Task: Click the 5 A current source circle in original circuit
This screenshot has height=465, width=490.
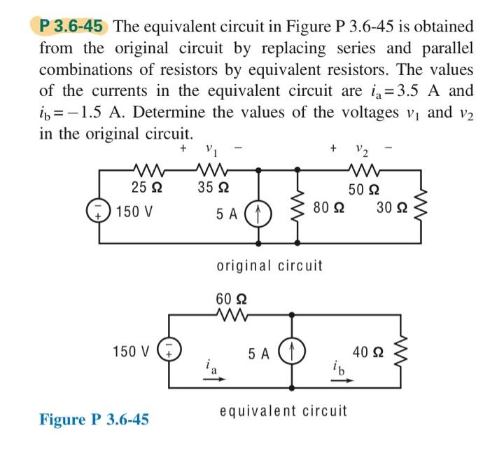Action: (x=260, y=210)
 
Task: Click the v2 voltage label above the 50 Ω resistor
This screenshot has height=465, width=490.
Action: (x=362, y=150)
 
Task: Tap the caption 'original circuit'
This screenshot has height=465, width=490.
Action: (x=270, y=265)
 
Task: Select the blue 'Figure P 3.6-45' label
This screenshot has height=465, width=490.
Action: (x=94, y=419)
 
